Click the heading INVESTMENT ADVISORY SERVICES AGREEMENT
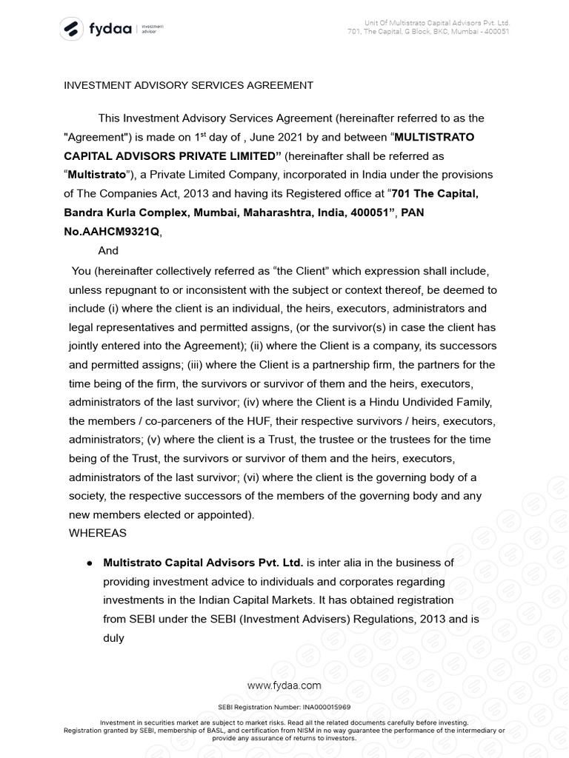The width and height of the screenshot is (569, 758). [188, 85]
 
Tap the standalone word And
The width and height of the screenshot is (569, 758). [108, 251]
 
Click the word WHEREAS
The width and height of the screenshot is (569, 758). [98, 532]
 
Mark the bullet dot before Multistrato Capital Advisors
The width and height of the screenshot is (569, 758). [89, 563]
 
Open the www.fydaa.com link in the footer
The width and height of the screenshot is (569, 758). [284, 685]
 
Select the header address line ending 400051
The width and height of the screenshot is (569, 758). [428, 32]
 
